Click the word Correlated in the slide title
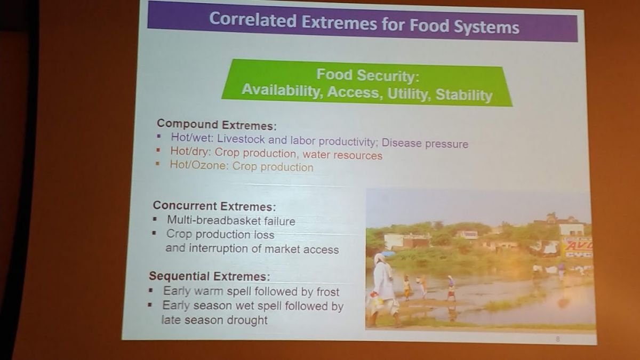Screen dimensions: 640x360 click(x=253, y=20)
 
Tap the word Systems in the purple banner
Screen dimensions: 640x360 click(x=486, y=27)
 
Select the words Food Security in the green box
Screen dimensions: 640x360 click(x=367, y=75)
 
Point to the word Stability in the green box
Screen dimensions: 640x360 click(x=464, y=95)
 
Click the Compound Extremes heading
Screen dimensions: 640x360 click(x=217, y=125)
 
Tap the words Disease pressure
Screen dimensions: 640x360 click(x=425, y=143)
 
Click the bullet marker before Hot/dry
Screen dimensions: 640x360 click(x=158, y=150)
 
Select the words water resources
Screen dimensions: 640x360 click(x=342, y=155)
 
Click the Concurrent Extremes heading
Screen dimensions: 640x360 click(x=214, y=206)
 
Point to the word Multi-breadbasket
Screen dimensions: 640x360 click(x=214, y=220)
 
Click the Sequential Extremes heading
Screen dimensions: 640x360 click(x=209, y=276)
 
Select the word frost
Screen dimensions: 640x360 click(x=327, y=292)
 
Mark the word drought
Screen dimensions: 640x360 click(x=247, y=320)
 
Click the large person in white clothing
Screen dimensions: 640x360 click(x=384, y=289)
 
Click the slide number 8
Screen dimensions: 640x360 click(x=557, y=339)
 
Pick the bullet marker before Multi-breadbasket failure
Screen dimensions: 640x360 click(x=155, y=219)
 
